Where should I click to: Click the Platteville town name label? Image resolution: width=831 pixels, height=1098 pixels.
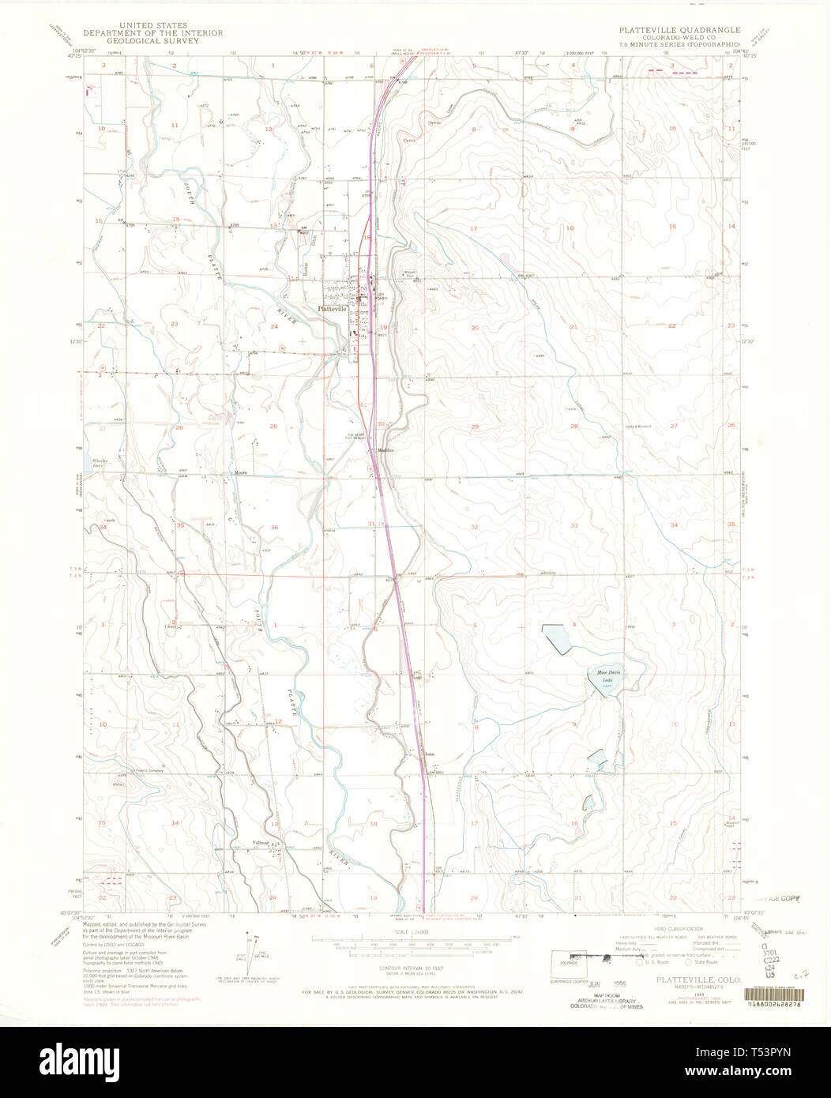[332, 309]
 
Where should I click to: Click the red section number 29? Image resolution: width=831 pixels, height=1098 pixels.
[475, 427]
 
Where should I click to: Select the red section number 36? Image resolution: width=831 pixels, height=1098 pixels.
[274, 527]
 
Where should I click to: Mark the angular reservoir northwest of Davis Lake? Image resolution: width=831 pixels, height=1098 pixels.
[558, 637]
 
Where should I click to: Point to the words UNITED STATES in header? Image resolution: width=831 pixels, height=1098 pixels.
[154, 25]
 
